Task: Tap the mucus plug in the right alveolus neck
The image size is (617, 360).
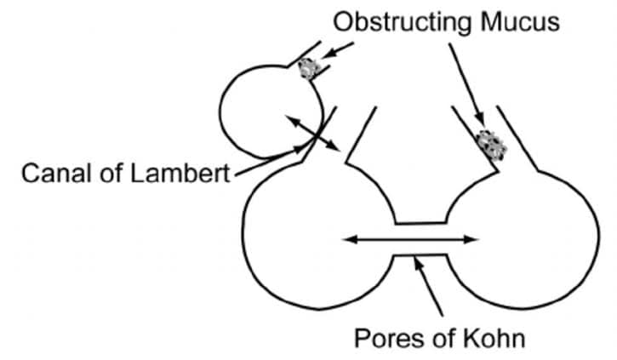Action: [x=491, y=144]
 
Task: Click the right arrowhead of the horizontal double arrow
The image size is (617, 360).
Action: [x=473, y=240]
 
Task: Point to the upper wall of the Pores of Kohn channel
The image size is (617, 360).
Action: [x=420, y=223]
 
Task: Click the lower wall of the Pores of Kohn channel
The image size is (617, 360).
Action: [x=420, y=256]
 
